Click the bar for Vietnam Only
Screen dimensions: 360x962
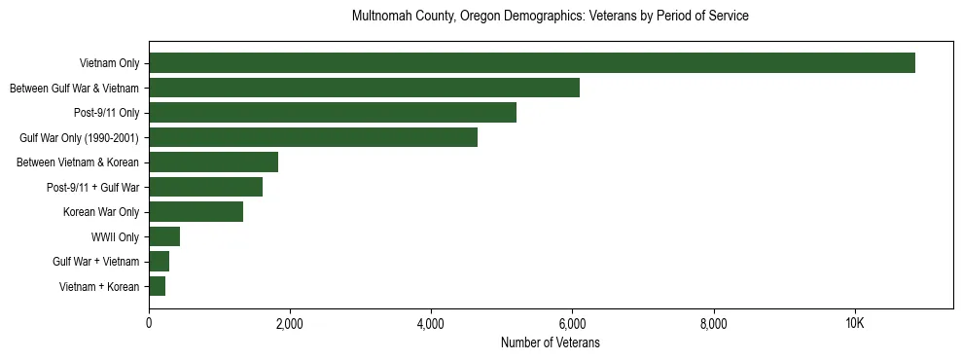[532, 63]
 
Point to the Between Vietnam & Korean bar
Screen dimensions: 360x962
[213, 162]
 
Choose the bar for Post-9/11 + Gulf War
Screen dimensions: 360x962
[205, 187]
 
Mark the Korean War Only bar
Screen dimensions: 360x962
[196, 212]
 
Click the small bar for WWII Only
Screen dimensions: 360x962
[164, 236]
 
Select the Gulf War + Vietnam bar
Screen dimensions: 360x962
[159, 262]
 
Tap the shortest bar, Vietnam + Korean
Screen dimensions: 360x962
[157, 286]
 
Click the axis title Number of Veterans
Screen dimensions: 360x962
[550, 343]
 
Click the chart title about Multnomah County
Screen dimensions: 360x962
[550, 17]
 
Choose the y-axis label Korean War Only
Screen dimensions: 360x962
[101, 212]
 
